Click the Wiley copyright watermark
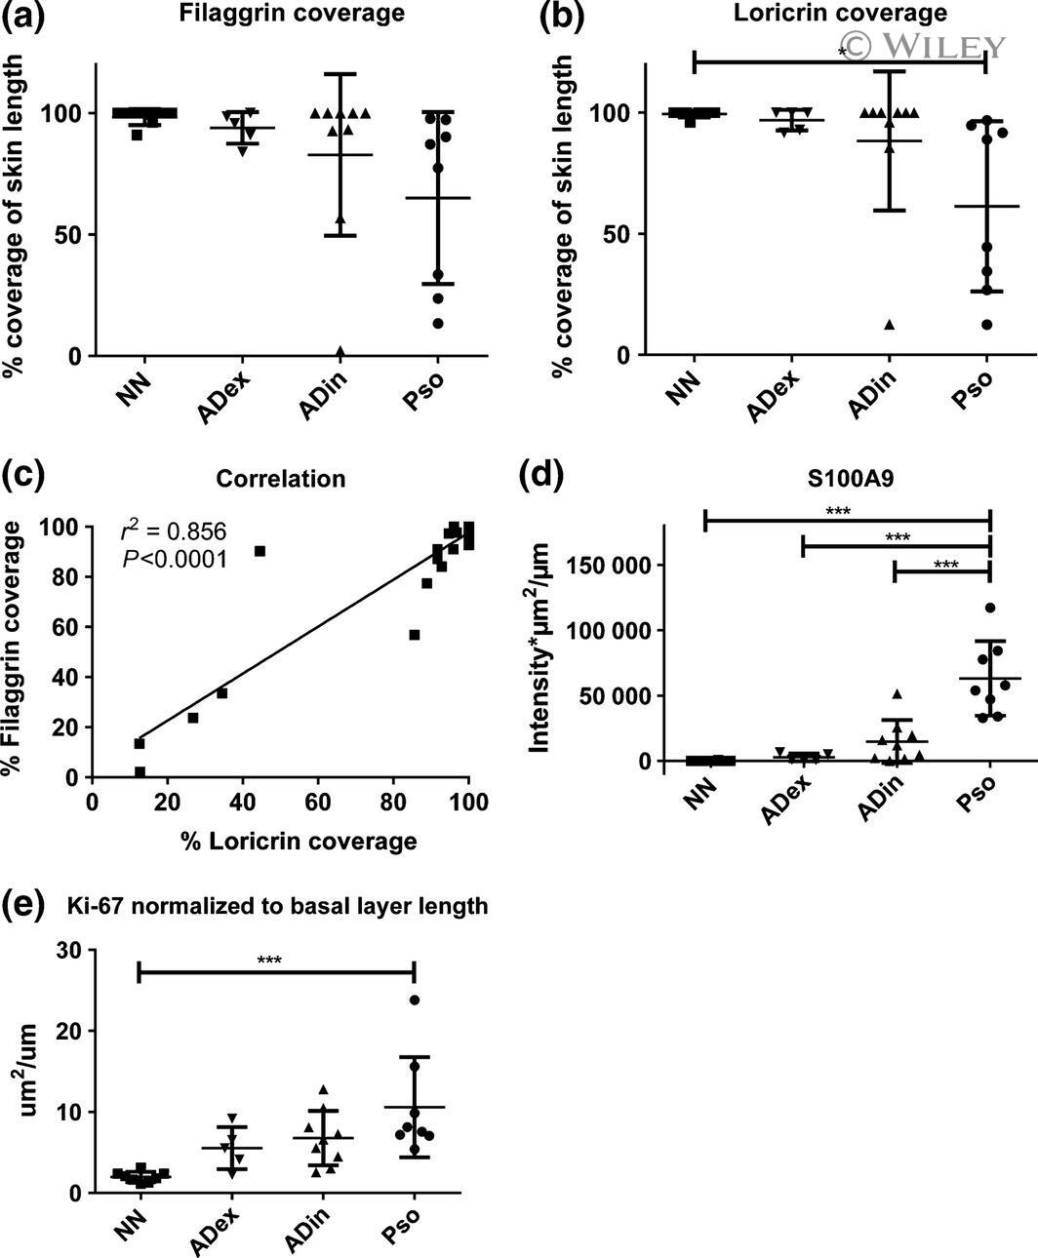point(922,45)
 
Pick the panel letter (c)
point(21,476)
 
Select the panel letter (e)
point(21,903)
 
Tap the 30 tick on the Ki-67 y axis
point(68,950)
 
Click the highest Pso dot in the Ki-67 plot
point(415,1000)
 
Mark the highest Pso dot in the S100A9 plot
point(990,609)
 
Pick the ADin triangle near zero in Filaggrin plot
point(340,351)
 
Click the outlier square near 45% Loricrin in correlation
point(259,551)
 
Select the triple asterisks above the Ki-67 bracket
point(270,961)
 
